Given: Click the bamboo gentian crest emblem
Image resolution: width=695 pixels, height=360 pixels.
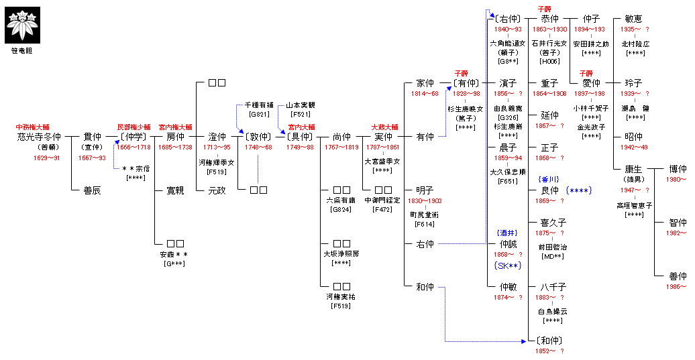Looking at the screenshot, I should pos(23,24).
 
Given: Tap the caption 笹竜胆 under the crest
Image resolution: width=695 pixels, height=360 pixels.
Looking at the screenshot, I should pos(23,51).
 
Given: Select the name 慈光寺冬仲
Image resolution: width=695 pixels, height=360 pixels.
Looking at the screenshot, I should pos(38,137).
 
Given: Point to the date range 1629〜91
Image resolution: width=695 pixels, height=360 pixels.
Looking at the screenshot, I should pos(47,158).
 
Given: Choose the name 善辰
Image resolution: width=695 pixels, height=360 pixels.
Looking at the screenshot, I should pos(92,190).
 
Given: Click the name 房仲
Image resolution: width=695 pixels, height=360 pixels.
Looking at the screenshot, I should pos(175,137).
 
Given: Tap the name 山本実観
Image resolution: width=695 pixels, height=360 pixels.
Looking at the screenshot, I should pos(300,105).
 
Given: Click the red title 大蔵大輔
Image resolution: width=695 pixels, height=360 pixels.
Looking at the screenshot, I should pos(384,126).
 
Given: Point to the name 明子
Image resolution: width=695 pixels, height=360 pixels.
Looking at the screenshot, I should pos(425,190).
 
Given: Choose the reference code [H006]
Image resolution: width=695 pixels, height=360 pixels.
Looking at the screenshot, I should pos(549,62).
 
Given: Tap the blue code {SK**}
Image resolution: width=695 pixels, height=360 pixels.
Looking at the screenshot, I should pos(507,265).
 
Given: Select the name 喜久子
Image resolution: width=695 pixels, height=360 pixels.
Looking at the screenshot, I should pos(553,223).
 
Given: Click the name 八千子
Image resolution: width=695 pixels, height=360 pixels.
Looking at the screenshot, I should pos(553,287).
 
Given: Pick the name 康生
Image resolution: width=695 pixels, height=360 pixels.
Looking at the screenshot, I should pos(634,169).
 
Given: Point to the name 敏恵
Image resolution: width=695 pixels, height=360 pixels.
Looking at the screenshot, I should pos(633,19).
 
